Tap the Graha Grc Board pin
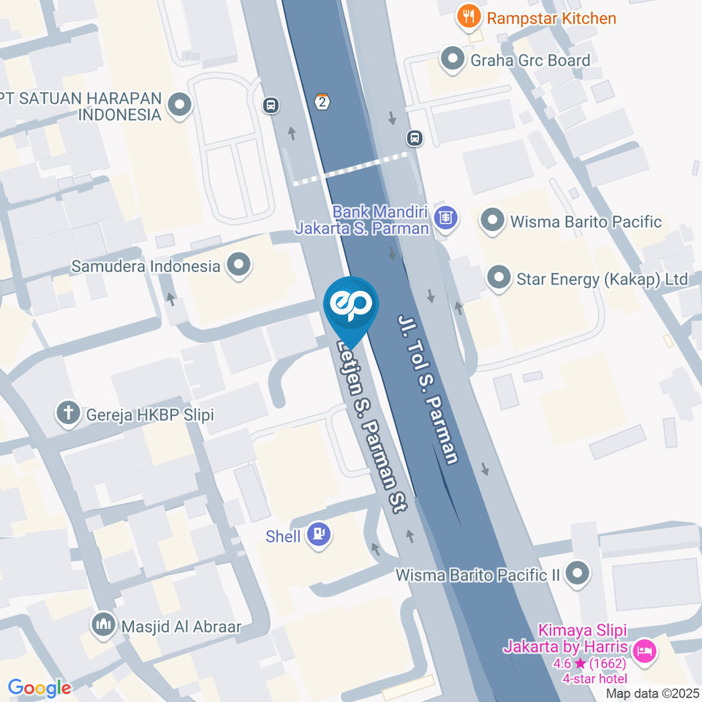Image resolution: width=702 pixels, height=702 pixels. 453,58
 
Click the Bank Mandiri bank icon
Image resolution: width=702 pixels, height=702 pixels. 445,217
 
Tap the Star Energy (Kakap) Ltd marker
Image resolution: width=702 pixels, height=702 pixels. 499,278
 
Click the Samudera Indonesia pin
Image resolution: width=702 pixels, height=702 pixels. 238,265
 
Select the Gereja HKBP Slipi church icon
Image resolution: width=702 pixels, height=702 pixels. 69,414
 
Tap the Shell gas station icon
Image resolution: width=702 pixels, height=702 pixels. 318,535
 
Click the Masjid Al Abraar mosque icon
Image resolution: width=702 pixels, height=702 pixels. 102,625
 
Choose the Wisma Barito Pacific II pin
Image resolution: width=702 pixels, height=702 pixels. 578,573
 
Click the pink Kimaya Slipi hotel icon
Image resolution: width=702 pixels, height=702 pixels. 643,649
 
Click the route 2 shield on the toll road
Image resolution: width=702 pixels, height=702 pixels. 322,102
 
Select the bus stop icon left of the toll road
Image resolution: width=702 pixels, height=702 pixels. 271,105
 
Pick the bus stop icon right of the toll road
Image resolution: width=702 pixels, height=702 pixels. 415,137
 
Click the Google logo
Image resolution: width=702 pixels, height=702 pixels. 39,687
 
